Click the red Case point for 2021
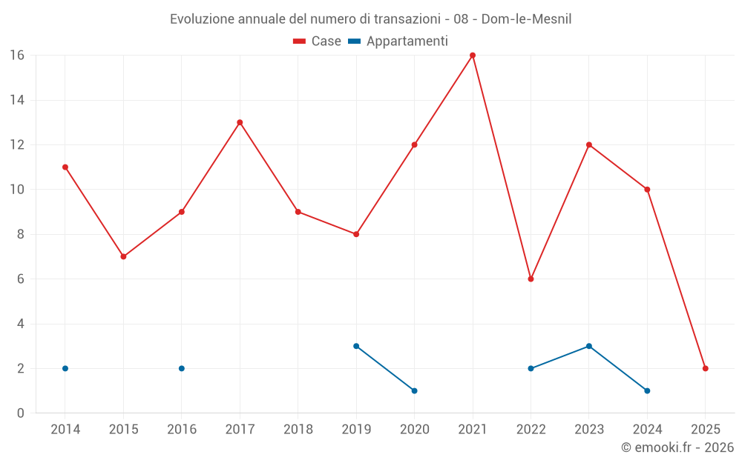point(473,56)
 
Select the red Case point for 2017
point(240,122)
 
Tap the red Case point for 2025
point(706,368)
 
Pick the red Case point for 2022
point(531,279)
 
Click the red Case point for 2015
point(123,256)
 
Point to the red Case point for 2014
point(65,167)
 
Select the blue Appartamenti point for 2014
point(65,368)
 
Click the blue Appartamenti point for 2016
point(182,368)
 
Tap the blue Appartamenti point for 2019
point(356,346)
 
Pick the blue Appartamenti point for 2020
point(414,390)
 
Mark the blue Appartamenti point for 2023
point(589,346)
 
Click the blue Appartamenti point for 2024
point(647,390)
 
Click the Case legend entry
point(318,41)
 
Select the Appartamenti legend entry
point(398,41)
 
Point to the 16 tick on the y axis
point(17,56)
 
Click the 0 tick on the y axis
point(21,413)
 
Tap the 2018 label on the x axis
point(298,430)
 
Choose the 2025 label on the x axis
point(706,430)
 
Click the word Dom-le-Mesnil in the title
point(526,19)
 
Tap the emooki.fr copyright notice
point(677,447)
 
